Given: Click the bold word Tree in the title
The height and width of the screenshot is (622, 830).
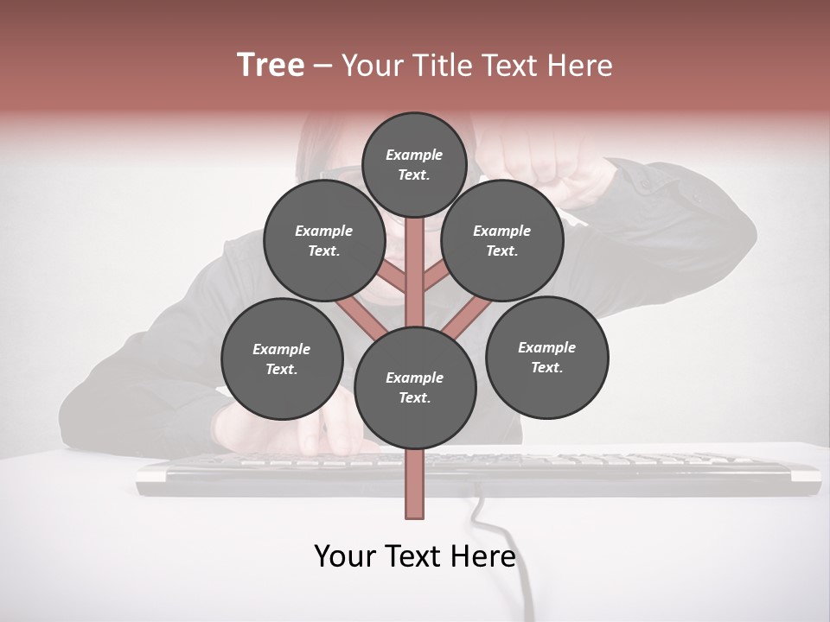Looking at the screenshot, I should tap(271, 65).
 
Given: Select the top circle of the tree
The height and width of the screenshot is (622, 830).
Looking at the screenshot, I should tap(414, 164).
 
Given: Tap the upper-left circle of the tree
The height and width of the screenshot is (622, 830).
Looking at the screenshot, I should tap(323, 240).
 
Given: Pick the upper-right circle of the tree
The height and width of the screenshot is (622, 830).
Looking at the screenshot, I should tap(501, 240).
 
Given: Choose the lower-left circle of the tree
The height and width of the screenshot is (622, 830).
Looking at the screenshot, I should tap(282, 359).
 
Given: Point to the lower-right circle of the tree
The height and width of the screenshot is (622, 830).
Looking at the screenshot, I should tap(546, 357).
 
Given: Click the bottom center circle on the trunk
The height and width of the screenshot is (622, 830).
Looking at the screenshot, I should tap(415, 387).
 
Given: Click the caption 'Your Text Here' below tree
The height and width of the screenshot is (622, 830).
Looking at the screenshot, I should tap(415, 556).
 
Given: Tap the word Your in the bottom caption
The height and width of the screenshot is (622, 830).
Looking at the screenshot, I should tap(345, 556).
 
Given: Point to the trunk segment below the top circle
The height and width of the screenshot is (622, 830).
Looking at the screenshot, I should tap(415, 259).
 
